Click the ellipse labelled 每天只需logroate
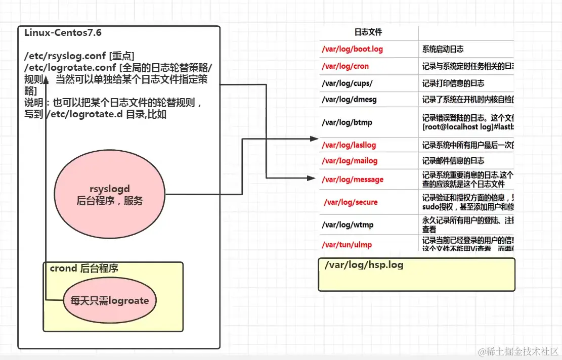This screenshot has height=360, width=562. [x=109, y=300]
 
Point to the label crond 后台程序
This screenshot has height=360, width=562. [x=84, y=268]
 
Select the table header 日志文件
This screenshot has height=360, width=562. [x=368, y=32]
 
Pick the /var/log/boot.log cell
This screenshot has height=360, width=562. [x=352, y=49]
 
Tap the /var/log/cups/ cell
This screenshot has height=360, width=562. [x=347, y=83]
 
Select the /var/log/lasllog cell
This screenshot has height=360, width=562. [x=349, y=145]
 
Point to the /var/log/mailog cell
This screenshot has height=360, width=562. [x=350, y=161]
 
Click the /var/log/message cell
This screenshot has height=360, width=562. [x=353, y=179]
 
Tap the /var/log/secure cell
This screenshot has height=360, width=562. [x=351, y=202]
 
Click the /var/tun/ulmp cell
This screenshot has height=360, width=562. [x=347, y=245]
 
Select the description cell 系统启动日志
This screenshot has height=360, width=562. [x=443, y=49]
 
